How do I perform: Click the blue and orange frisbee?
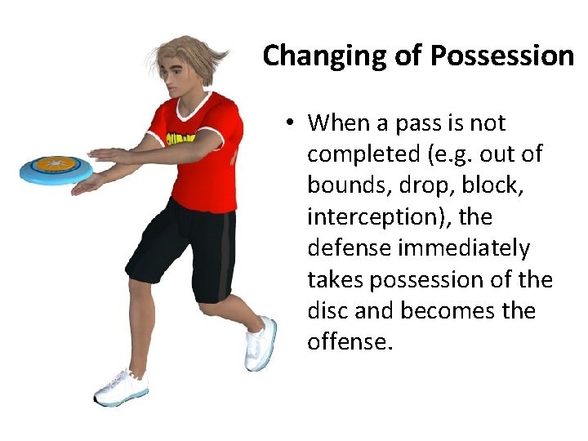point(56,167)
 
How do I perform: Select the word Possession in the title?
point(501,56)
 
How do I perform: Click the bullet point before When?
point(290,124)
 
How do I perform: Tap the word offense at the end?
point(349,341)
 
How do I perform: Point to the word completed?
point(360,155)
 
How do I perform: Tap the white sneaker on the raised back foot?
point(260,343)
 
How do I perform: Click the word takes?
point(336,279)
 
